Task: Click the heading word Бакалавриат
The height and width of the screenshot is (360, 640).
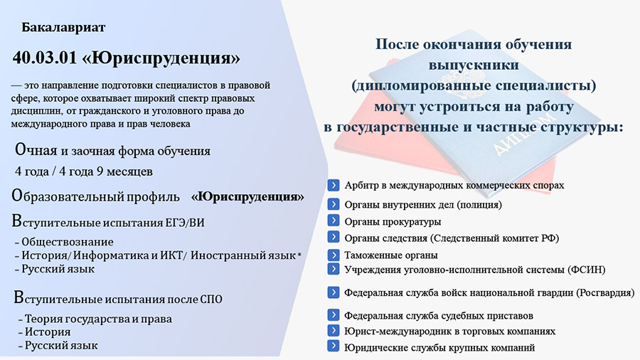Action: (63, 27)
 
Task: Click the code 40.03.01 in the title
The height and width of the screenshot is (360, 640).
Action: (45, 58)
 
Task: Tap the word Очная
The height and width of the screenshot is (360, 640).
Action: (36, 150)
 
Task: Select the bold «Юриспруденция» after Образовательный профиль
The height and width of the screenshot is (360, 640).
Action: (247, 196)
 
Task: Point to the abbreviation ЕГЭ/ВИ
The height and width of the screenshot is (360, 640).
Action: (184, 223)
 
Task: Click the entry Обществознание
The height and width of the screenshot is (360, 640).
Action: (68, 242)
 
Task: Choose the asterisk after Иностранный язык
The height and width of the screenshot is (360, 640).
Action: (299, 255)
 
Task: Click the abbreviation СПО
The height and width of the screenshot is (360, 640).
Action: (211, 300)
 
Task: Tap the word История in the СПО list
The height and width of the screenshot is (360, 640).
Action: (48, 332)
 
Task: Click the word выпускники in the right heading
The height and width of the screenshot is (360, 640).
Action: (474, 65)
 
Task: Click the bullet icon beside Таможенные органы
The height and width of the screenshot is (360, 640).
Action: (334, 255)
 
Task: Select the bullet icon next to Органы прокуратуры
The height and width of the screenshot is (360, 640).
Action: (334, 221)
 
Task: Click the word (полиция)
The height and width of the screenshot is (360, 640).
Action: (479, 204)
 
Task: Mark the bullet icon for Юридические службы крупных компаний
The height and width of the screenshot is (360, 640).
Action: (334, 346)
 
